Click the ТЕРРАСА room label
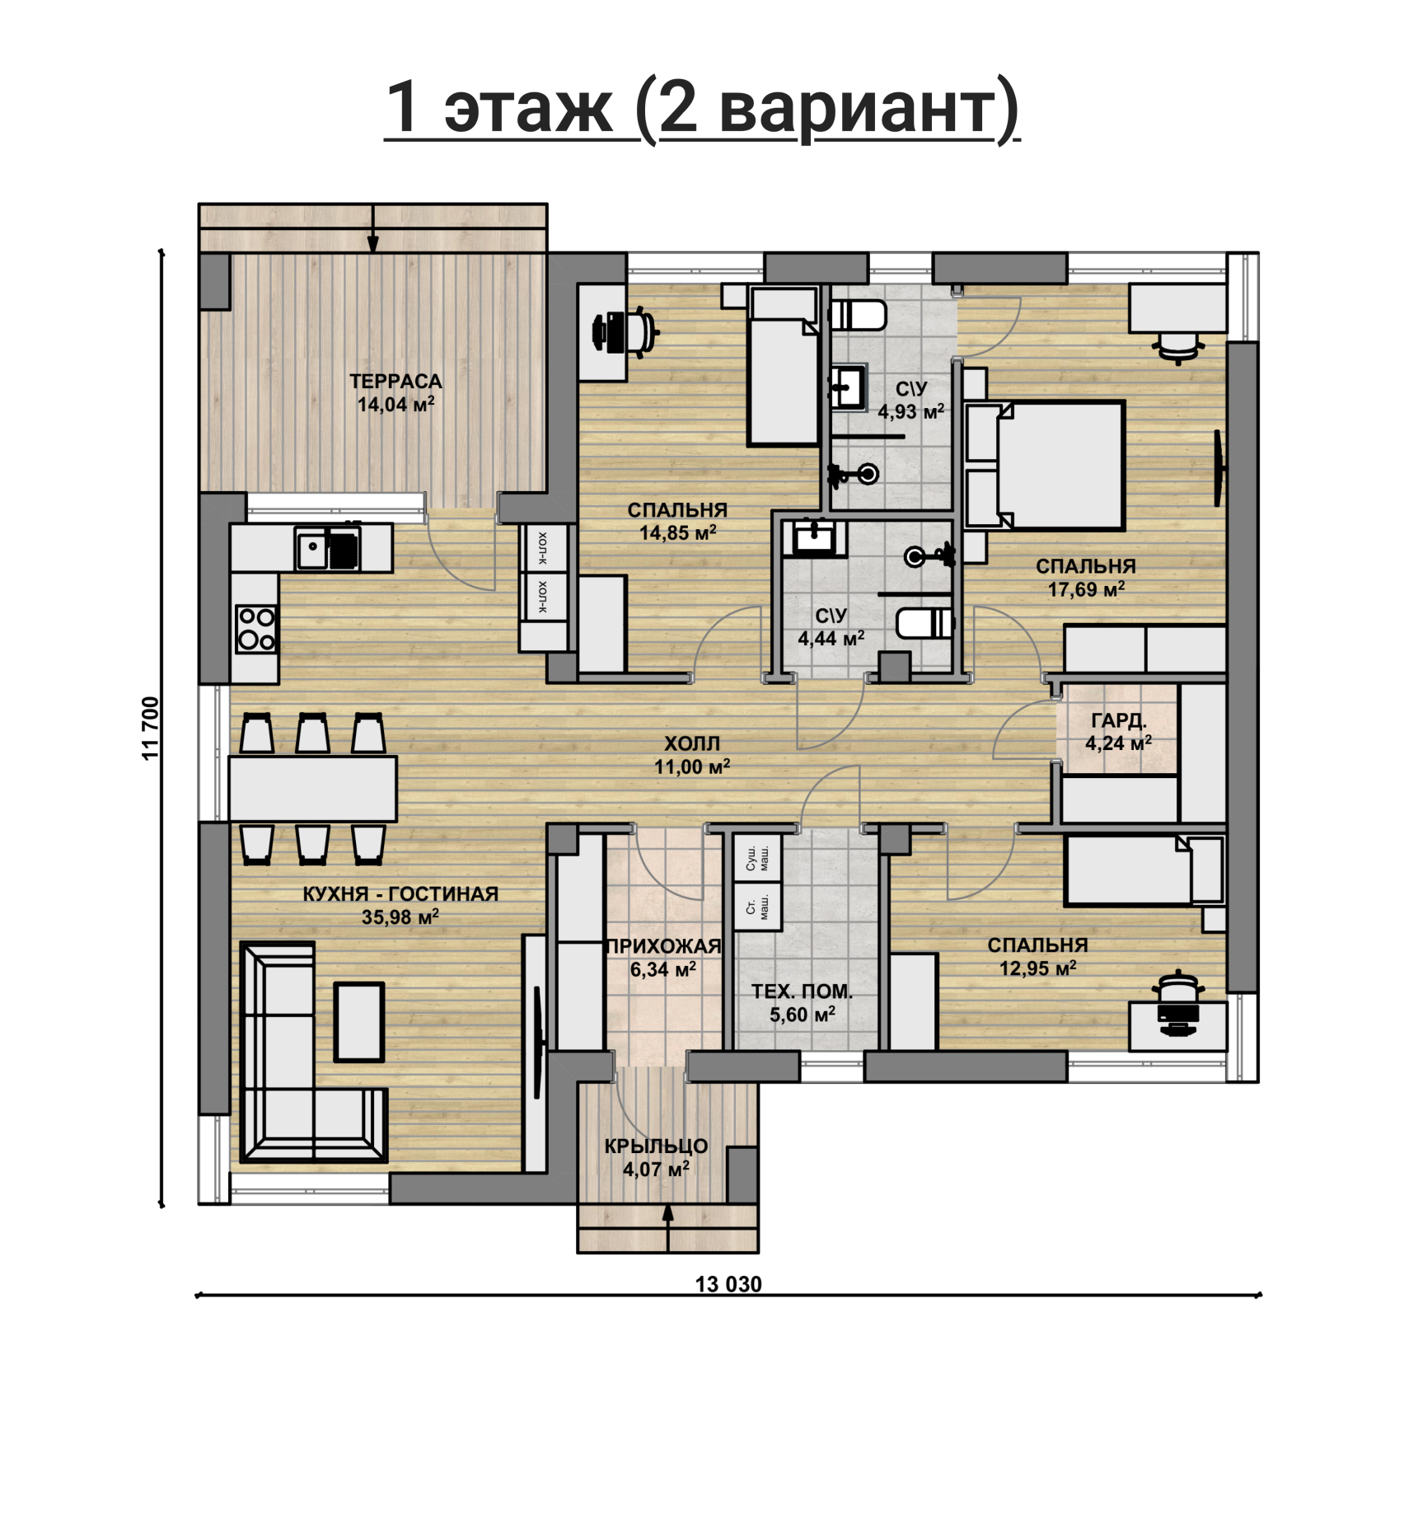395,382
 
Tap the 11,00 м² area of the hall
692,767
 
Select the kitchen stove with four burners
256,629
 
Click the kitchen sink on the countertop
311,550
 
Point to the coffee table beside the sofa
359,1022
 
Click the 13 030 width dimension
728,1284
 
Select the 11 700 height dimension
151,729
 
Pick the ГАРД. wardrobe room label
1119,720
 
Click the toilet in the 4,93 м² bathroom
858,315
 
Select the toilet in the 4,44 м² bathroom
925,623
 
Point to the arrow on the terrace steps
373,227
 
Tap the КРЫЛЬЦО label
656,1146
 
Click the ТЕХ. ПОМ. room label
802,991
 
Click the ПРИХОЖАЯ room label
663,947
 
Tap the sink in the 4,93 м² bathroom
848,387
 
